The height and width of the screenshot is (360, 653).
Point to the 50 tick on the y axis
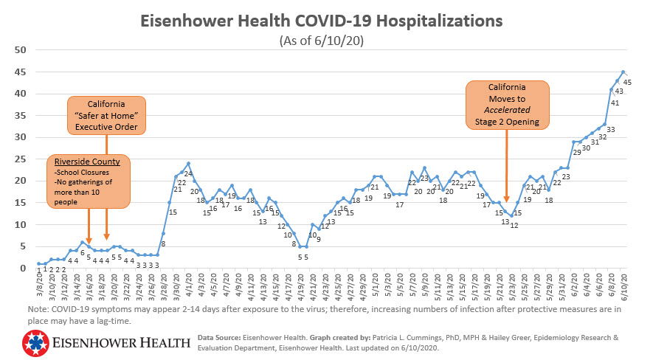pos(21,50)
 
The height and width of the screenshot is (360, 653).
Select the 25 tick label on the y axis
pos(21,159)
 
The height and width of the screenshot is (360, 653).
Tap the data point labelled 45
pos(623,72)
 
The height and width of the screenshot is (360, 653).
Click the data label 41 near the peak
pos(614,103)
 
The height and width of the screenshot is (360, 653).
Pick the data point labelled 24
pos(188,164)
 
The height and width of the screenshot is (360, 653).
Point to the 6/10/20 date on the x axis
pos(625,285)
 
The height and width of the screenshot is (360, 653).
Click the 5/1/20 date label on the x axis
pos(376,284)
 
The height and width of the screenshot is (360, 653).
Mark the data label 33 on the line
pos(611,129)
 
